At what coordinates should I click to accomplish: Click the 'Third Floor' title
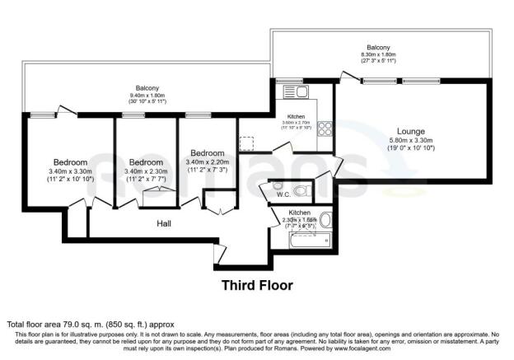tap(257, 285)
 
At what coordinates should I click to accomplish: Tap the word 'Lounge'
tap(411, 131)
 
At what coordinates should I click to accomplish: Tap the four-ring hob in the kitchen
tap(324, 129)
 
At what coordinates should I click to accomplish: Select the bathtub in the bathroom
tap(310, 241)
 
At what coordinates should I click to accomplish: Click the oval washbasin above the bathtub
tap(325, 220)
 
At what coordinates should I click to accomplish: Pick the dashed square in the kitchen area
tap(247, 143)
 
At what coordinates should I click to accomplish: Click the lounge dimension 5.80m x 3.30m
tap(411, 142)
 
